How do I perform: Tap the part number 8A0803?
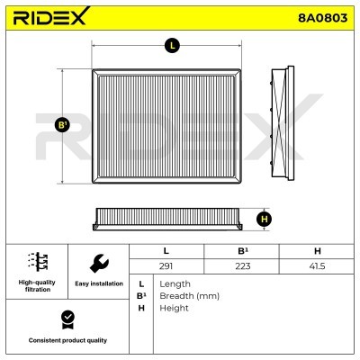pyautogui.click(x=322, y=18)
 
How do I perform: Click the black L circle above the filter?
pyautogui.click(x=172, y=46)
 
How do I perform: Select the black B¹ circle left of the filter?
pyautogui.click(x=62, y=125)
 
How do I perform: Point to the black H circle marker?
pyautogui.click(x=264, y=220)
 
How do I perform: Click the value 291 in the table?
pyautogui.click(x=166, y=266)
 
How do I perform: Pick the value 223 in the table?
pyautogui.click(x=243, y=266)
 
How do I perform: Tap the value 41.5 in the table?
pyautogui.click(x=317, y=266)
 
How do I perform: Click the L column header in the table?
pyautogui.click(x=166, y=251)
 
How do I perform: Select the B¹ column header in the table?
pyautogui.click(x=243, y=251)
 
